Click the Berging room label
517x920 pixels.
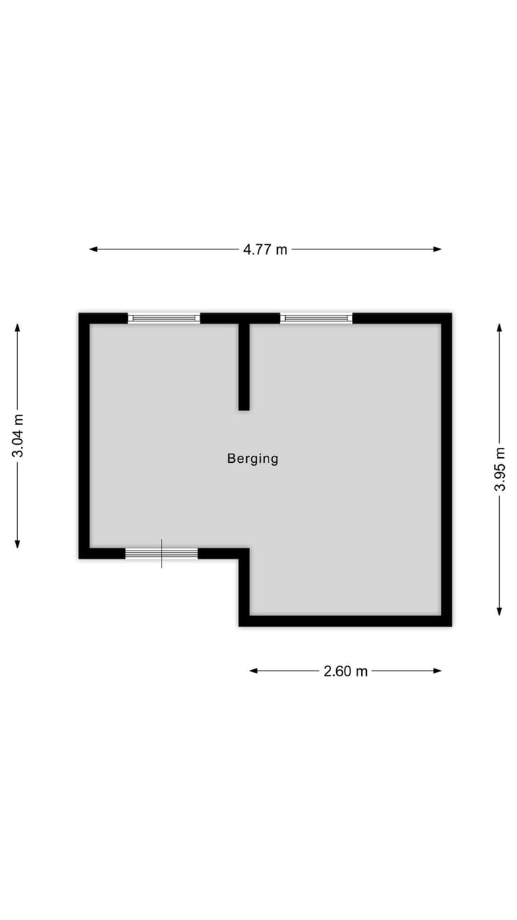pos(253,459)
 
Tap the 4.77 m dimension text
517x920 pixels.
pos(265,249)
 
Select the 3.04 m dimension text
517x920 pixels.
pos(18,436)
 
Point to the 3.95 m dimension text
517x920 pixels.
pos(500,469)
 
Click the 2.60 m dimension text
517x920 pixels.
pos(345,671)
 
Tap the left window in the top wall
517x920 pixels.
pos(164,318)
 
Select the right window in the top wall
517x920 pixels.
pos(316,318)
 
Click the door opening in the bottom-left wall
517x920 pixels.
pos(162,553)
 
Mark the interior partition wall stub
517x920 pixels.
pos(244,367)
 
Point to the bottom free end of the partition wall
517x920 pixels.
pos(244,408)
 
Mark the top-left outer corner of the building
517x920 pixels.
pos(80,314)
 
